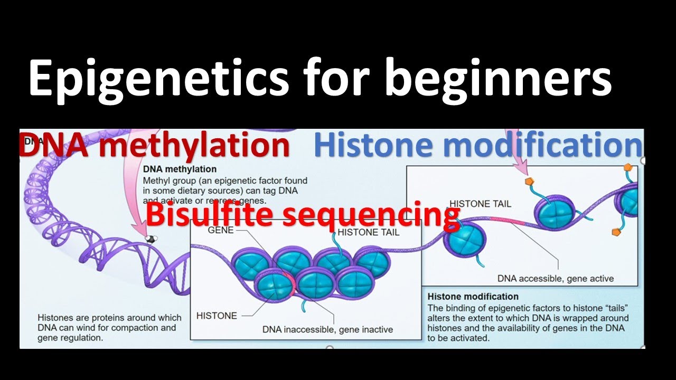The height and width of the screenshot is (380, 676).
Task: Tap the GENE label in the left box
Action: click(221, 231)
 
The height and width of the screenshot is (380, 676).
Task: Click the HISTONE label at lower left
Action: click(217, 316)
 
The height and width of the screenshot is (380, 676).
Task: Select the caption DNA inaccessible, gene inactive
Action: click(327, 329)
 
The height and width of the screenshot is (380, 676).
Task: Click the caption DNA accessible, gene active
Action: click(556, 278)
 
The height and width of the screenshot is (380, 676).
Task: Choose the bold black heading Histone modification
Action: click(473, 297)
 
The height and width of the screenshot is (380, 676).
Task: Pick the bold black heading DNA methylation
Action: click(180, 169)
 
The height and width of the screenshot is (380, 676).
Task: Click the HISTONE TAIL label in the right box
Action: click(480, 204)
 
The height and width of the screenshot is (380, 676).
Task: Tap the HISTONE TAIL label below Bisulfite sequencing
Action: click(369, 232)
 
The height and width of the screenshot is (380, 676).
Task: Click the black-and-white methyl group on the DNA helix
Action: click(151, 239)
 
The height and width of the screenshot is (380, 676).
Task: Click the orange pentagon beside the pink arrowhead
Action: click(529, 181)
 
